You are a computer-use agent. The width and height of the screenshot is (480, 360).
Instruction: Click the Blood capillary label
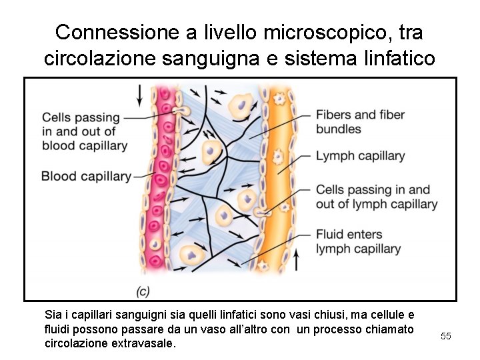[86, 177]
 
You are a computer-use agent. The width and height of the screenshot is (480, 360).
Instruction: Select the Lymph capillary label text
[360, 156]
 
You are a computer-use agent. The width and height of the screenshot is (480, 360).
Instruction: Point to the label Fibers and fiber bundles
[360, 122]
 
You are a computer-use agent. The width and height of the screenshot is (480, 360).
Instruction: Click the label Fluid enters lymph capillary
[358, 241]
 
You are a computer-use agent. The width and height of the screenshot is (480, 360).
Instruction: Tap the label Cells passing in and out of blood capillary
[84, 131]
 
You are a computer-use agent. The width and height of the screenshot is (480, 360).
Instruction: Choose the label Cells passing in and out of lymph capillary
[376, 197]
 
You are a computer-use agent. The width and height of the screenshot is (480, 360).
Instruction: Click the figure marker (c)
[143, 291]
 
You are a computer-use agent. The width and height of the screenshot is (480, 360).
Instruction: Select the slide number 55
[446, 336]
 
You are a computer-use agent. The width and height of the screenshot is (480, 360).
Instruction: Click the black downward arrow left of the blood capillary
[139, 95]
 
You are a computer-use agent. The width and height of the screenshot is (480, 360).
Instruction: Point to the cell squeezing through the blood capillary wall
[178, 111]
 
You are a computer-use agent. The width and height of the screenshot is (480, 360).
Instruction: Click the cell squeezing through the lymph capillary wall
[263, 213]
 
